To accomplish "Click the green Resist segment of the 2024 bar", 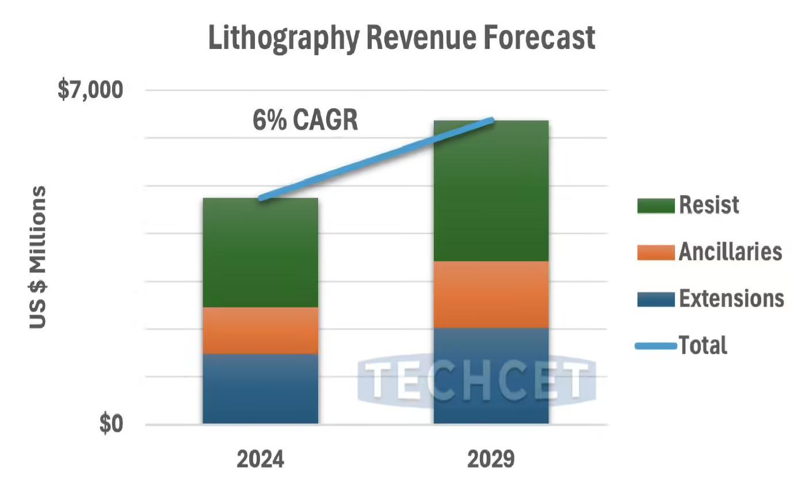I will pos(260,253).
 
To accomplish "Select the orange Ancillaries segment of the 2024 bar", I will pos(260,330).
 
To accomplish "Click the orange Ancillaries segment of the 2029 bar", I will pos(491,295).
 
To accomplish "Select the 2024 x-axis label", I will pos(260,460).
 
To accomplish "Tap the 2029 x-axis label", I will pos(491,460).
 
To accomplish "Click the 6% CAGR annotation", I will pos(305,121).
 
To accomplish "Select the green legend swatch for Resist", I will pos(655,205).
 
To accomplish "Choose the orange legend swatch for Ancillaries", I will pos(655,252).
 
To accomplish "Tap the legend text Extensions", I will pos(731,299).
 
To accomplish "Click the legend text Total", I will pos(703,346).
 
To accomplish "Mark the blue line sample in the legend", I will pos(655,346).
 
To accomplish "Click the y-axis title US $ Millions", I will pos(38,257).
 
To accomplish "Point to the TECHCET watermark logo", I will pos(476,381).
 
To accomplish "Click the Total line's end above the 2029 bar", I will pos(491,120).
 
